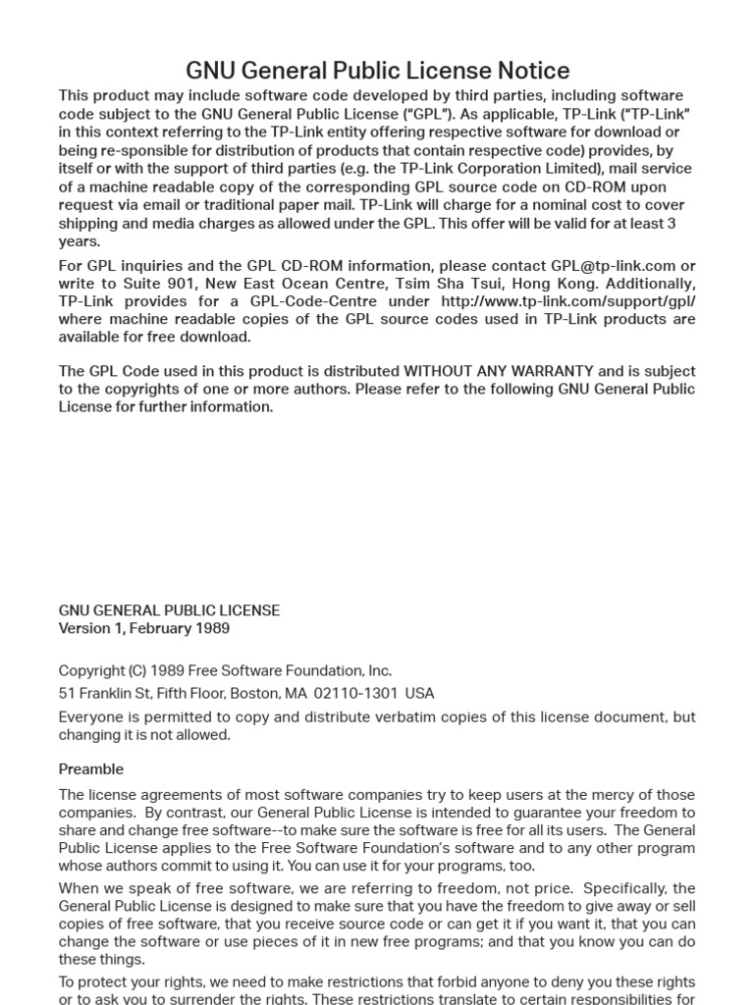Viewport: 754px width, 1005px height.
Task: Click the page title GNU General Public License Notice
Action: point(377,71)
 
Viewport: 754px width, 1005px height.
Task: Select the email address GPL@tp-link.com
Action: point(613,266)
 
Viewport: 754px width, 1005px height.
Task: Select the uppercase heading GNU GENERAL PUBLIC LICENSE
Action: point(169,610)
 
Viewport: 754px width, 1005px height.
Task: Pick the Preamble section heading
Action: point(90,769)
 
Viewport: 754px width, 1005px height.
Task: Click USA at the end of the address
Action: point(419,694)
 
